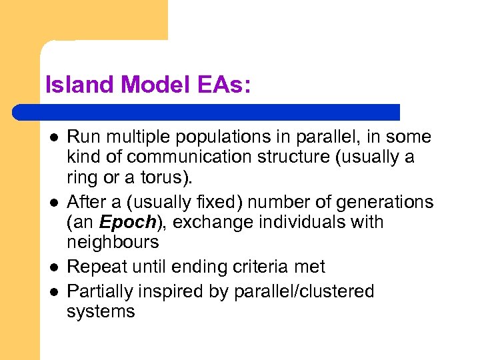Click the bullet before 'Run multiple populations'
point(54,137)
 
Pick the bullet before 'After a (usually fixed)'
point(54,202)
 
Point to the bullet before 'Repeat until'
point(54,267)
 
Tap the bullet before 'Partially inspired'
point(54,291)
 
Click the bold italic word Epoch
point(126,221)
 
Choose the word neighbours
point(113,241)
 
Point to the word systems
point(101,311)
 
